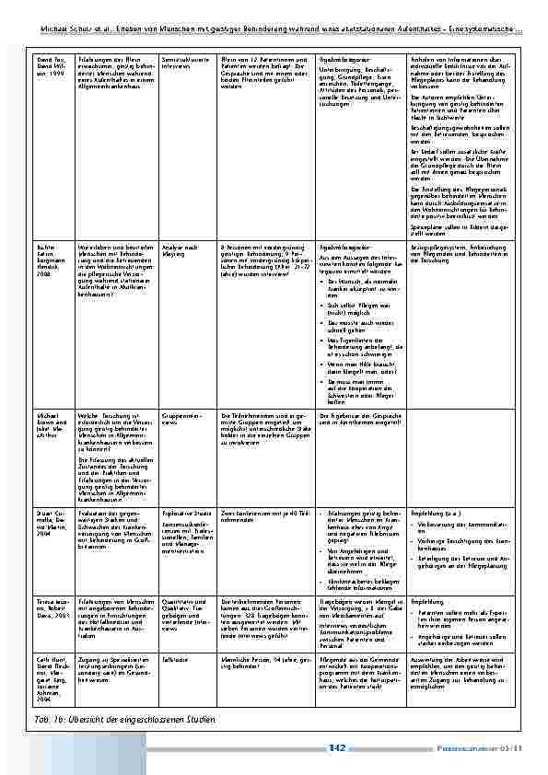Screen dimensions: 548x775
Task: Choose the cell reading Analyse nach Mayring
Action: pos(177,250)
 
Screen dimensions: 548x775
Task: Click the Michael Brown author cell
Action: pos(50,421)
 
